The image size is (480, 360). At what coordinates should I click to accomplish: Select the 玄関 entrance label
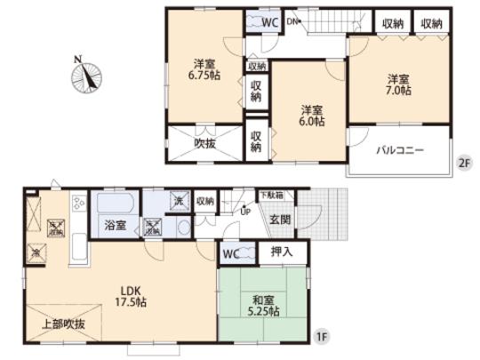click(x=280, y=219)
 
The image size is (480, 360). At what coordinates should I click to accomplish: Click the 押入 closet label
click(x=284, y=252)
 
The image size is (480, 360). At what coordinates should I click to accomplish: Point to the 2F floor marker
click(x=462, y=163)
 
